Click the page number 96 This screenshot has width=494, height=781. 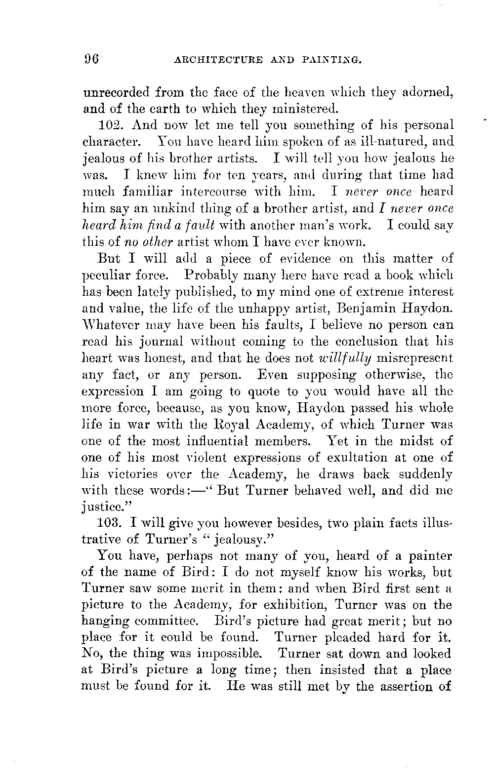pos(92,60)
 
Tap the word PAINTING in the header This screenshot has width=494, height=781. pos(336,61)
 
